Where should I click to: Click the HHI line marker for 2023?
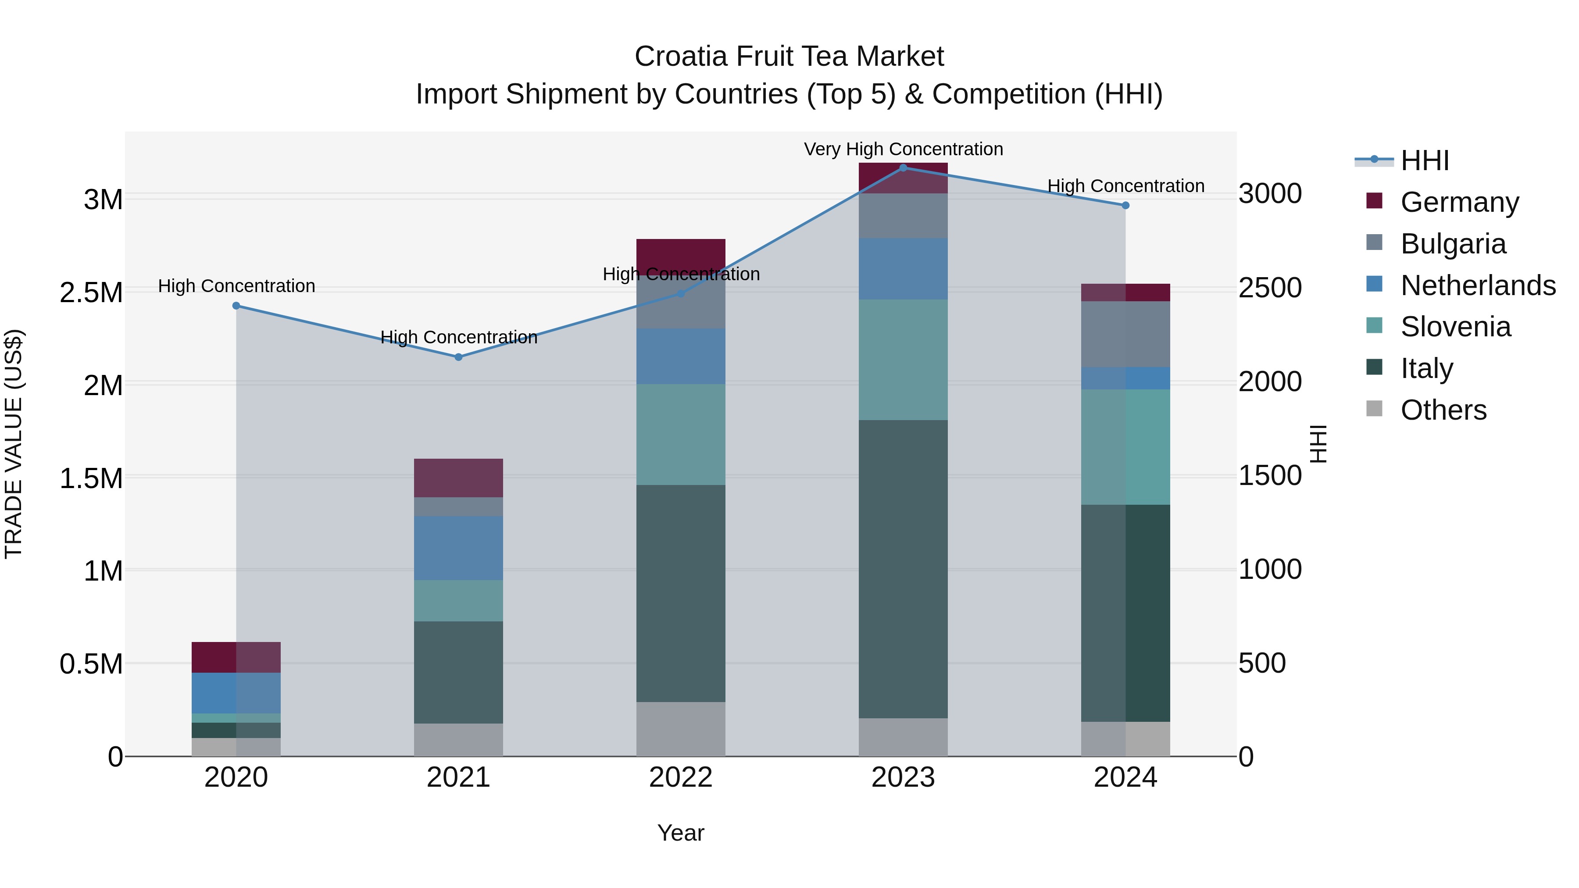[903, 168]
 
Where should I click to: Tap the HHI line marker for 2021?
[458, 357]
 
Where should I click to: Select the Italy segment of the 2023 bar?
[903, 569]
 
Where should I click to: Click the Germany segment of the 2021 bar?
[458, 478]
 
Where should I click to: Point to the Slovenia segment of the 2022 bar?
[680, 435]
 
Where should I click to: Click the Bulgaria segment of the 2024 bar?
[1125, 334]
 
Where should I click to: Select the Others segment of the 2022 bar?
[680, 729]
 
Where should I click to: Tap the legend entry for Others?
[1443, 410]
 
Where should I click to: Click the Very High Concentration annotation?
[903, 149]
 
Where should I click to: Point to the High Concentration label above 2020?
[236, 286]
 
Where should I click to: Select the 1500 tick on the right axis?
[1269, 475]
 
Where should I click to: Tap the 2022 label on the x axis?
[680, 777]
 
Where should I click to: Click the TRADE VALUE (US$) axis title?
[14, 444]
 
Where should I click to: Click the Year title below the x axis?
[680, 833]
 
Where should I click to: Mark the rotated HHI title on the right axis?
[1318, 444]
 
